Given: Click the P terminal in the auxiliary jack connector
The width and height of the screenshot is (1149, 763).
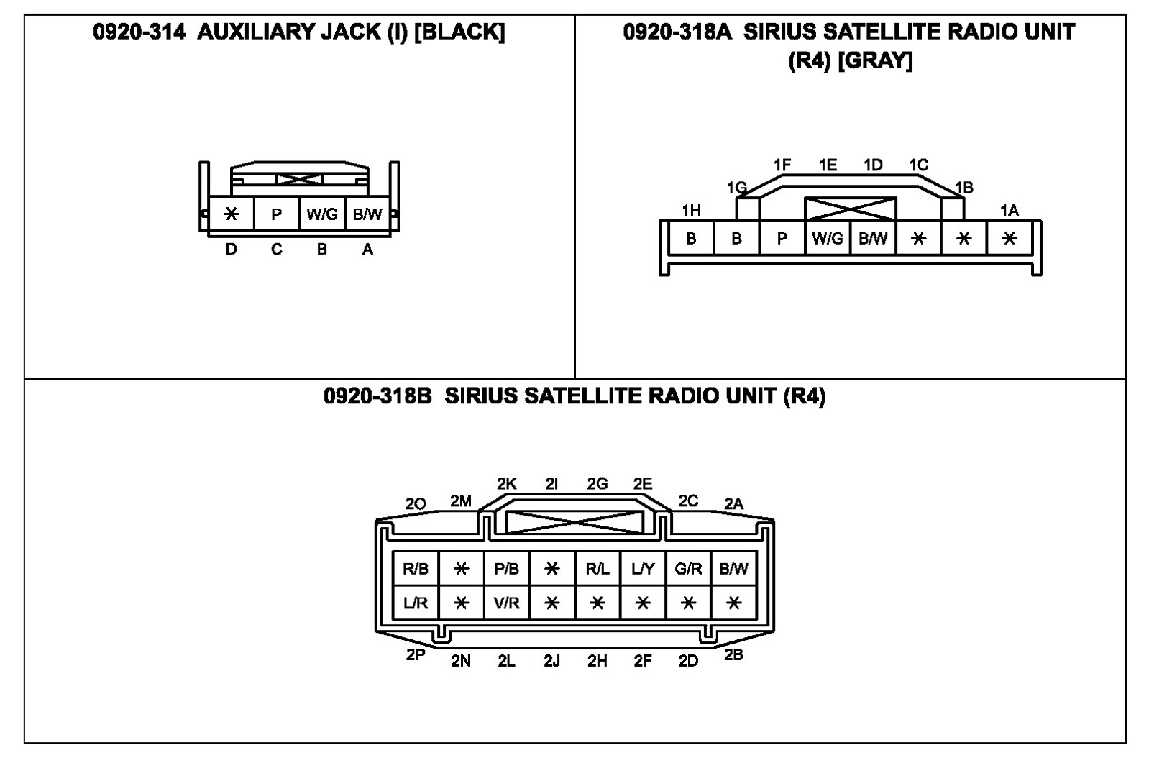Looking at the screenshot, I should pyautogui.click(x=276, y=214).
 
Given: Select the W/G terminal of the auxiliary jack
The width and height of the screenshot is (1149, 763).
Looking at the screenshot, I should pyautogui.click(x=321, y=214).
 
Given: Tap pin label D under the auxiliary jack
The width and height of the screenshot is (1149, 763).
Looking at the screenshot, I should pyautogui.click(x=231, y=250).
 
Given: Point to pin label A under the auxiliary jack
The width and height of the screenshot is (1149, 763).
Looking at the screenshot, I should pyautogui.click(x=367, y=250).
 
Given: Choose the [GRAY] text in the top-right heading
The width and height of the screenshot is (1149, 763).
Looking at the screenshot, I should pyautogui.click(x=875, y=60).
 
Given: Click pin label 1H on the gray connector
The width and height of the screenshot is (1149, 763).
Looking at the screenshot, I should pyautogui.click(x=691, y=210).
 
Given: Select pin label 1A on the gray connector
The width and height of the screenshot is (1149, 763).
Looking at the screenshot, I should pyautogui.click(x=1010, y=210).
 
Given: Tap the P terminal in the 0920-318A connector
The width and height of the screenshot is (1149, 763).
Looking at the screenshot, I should pyautogui.click(x=782, y=239).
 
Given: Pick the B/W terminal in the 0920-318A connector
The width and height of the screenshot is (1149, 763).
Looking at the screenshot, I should pyautogui.click(x=873, y=239).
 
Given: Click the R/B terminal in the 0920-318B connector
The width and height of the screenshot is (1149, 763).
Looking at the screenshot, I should pyautogui.click(x=416, y=569).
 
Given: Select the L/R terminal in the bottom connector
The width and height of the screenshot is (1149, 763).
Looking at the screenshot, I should pyautogui.click(x=416, y=603).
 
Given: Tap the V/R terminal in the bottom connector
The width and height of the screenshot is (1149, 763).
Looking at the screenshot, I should pyautogui.click(x=506, y=603).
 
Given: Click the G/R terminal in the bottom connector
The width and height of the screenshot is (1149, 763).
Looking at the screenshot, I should pyautogui.click(x=688, y=569).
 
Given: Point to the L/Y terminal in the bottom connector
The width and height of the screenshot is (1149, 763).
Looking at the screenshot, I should pyautogui.click(x=643, y=569).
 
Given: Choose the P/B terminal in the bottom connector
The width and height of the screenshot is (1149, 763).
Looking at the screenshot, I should pyautogui.click(x=506, y=569).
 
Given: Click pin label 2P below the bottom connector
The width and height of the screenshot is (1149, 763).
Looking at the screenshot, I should pyautogui.click(x=416, y=654).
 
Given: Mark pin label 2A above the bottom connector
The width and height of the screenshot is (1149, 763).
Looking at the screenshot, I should pyautogui.click(x=733, y=504).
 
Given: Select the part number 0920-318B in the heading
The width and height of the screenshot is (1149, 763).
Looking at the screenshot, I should pyautogui.click(x=377, y=396).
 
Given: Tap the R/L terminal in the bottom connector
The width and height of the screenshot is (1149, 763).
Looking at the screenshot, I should pyautogui.click(x=597, y=569).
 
